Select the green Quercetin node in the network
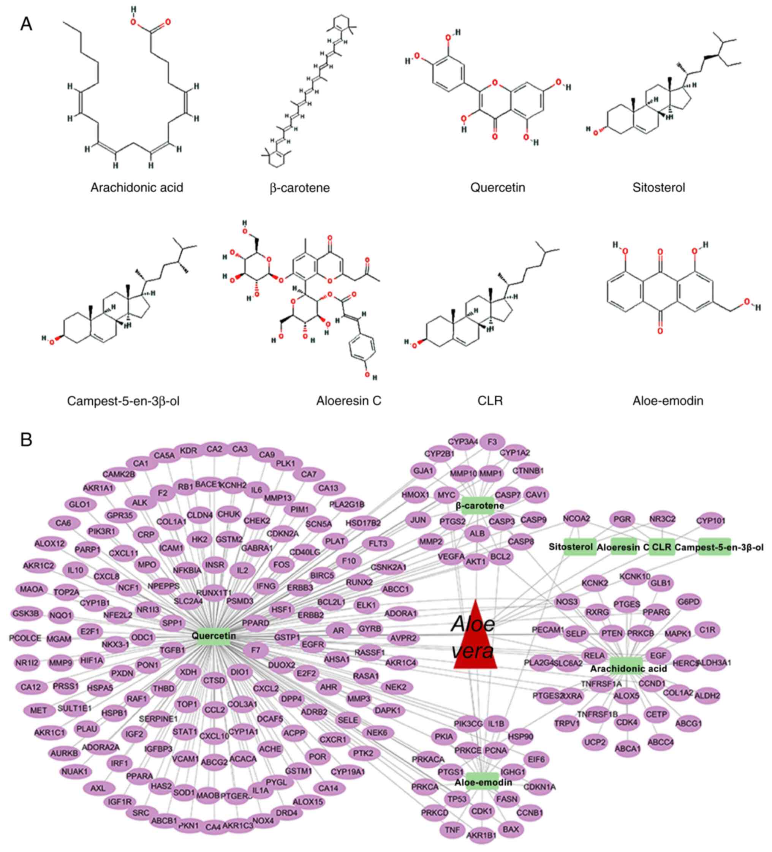tap(214, 635)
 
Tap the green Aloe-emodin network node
tap(483, 782)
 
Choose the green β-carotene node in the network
tap(479, 506)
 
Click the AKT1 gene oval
tap(475, 563)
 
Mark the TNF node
tap(452, 830)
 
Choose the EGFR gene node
tap(312, 645)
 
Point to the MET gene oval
tap(38, 710)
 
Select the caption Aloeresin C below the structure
tap(348, 400)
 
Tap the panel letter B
tap(26, 440)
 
